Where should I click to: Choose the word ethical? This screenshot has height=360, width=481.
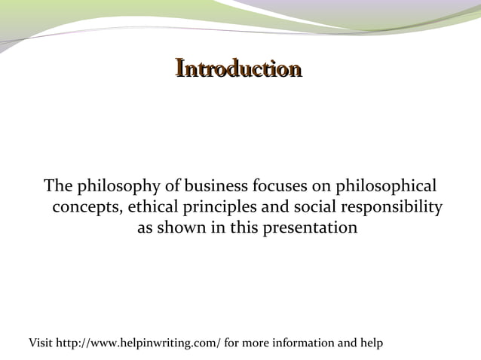tap(148, 206)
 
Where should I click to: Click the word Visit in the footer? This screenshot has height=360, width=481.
tap(41, 343)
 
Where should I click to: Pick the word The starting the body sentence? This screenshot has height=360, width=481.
tap(57, 185)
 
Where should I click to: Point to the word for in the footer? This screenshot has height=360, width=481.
tap(231, 343)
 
